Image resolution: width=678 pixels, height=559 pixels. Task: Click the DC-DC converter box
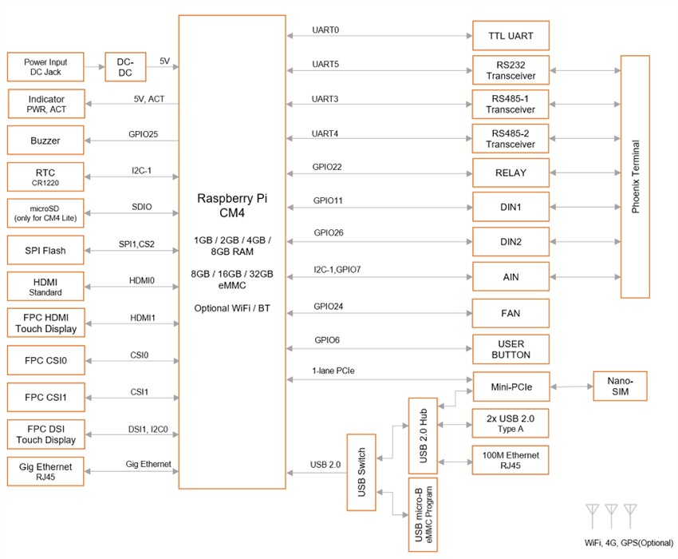point(126,67)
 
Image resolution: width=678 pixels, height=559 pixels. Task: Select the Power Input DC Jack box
point(45,67)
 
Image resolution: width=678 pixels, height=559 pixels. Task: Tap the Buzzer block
point(45,141)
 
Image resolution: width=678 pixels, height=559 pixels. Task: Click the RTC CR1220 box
point(45,177)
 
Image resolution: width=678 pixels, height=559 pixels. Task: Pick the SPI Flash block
point(45,251)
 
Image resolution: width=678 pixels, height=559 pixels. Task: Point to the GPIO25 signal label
point(143,134)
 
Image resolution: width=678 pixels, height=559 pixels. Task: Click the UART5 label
point(325,64)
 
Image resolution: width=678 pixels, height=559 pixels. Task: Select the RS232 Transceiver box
point(510,70)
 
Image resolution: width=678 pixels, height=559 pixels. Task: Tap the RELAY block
point(510,173)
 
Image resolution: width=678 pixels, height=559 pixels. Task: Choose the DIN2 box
point(510,242)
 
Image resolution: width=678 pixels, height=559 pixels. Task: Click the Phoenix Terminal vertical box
point(636,177)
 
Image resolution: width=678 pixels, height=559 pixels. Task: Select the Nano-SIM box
point(619,387)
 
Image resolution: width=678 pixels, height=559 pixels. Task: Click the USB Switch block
point(361,472)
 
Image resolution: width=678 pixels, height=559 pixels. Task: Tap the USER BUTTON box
point(510,348)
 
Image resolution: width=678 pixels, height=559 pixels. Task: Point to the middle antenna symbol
point(611,516)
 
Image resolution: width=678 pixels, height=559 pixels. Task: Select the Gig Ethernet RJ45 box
point(45,472)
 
